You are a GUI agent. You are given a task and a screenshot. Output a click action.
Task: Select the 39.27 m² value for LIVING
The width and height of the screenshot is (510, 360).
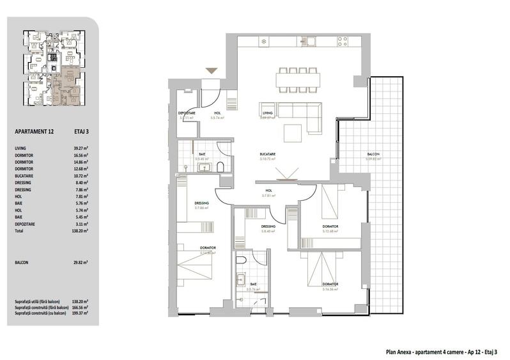pos(79,148)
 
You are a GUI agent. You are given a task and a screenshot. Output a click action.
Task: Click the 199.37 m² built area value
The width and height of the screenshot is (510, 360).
pos(80,314)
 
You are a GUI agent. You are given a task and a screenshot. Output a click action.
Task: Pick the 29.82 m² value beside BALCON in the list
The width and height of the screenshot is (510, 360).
pos(80,262)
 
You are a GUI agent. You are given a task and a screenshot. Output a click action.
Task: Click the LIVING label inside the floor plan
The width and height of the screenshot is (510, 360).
pos(267,113)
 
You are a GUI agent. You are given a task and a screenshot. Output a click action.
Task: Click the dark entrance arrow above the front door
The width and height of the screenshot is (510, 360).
pos(210,71)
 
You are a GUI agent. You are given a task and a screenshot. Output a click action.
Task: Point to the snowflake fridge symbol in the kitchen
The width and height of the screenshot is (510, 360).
pos(263,42)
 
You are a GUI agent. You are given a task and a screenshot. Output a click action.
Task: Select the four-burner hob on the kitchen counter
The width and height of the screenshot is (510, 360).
pos(343,41)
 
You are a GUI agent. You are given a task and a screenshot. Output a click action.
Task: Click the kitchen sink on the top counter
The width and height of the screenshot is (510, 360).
pos(309,42)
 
